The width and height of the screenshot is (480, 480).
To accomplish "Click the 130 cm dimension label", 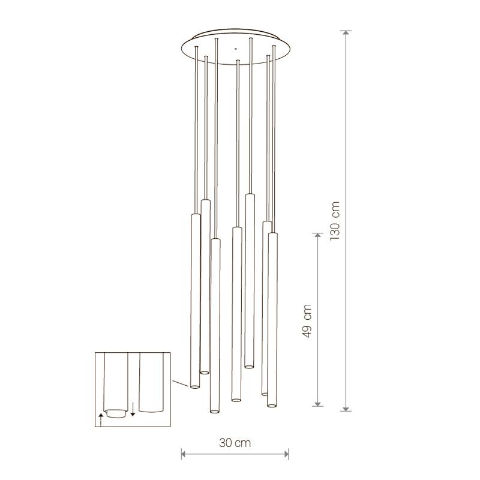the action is coord(335,221).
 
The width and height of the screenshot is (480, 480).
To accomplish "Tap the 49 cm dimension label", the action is coord(307,321).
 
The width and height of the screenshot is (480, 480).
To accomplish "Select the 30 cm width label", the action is coord(235,443).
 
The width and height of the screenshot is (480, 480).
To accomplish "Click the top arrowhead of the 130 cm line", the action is coord(346,34).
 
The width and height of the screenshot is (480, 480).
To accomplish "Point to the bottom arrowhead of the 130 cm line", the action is coord(346,408).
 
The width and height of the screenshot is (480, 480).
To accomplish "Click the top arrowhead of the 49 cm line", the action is coord(318,236).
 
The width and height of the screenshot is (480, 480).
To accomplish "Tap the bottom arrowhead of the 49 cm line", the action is coord(318,403).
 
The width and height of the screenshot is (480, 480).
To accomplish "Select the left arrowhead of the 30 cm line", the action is coord(184,454).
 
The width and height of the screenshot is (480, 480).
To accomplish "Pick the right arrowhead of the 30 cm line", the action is coord(286,454).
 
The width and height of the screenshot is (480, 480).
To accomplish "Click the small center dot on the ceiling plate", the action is coord(235,49).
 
